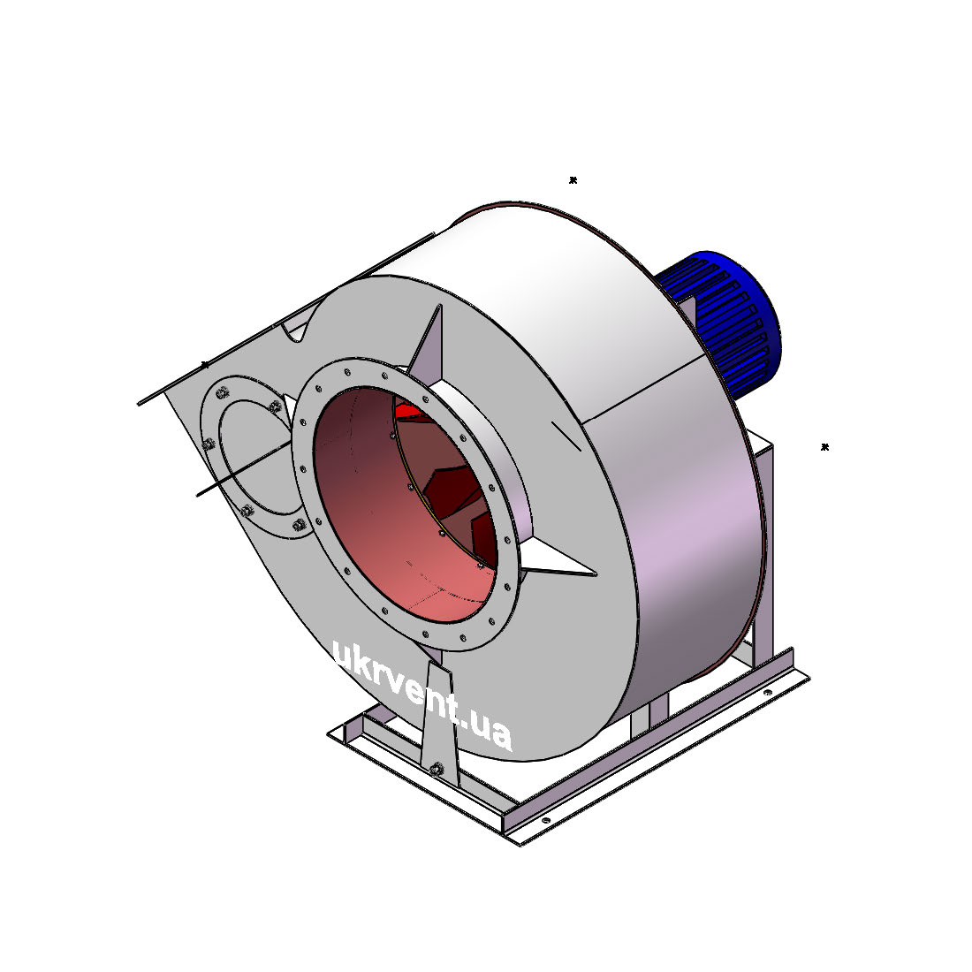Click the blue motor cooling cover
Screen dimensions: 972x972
click(722, 323)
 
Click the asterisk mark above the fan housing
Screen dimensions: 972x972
click(573, 180)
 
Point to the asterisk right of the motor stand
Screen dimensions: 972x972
click(824, 447)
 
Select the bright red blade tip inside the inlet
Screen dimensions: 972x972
click(410, 411)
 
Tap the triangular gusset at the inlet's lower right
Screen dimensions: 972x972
click(556, 558)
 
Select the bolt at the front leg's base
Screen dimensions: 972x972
click(437, 770)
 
